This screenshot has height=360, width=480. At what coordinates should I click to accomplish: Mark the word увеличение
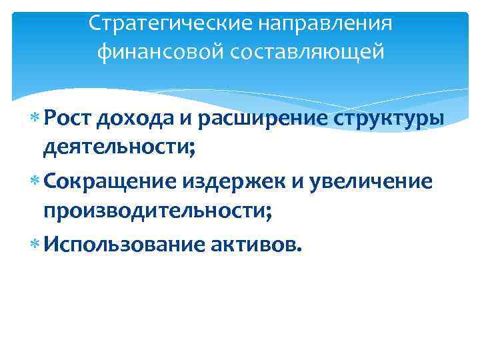(x=376, y=183)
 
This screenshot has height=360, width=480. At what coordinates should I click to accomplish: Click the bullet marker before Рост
(x=35, y=119)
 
